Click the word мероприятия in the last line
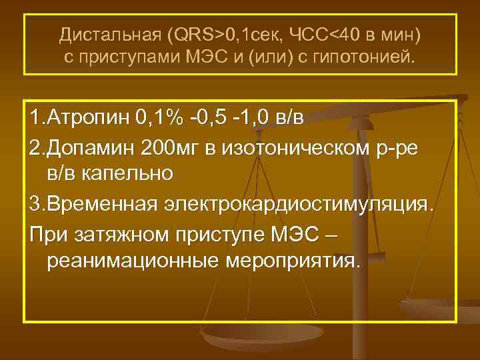tap(297, 261)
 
